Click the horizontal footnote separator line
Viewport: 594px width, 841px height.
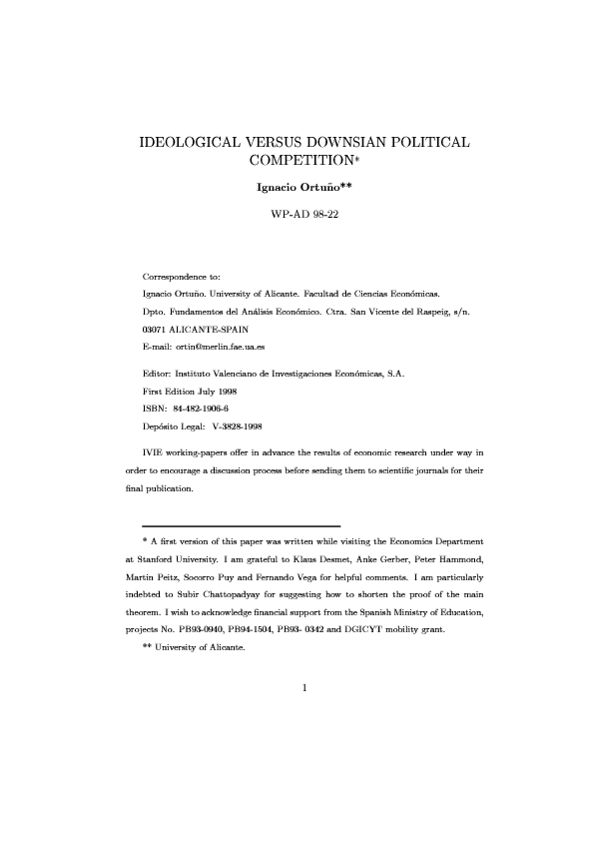[242, 525]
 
